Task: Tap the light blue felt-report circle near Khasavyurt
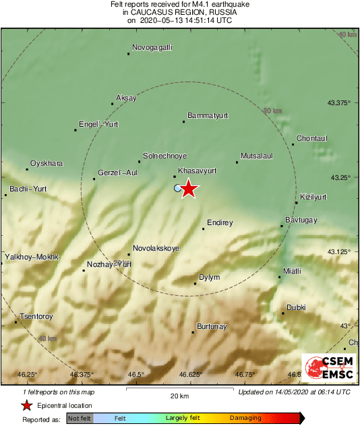[x=177, y=189]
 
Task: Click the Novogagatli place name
[x=152, y=47]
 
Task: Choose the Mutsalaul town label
[x=257, y=156]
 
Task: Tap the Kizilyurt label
[x=313, y=197]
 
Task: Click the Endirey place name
[x=220, y=222]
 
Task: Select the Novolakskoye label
[x=156, y=248]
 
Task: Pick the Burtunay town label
[x=211, y=327]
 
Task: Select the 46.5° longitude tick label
[x=136, y=374]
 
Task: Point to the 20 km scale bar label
[x=179, y=395]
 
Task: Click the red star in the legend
[x=26, y=405]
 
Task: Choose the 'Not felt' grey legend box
[x=79, y=418]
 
